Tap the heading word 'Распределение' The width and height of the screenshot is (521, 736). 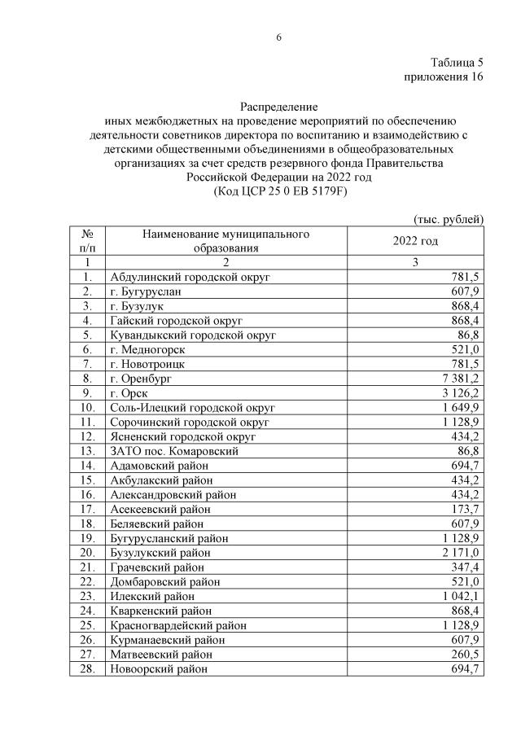pos(278,107)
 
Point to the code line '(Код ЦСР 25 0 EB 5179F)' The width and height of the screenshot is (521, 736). pos(278,191)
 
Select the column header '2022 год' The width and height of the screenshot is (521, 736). pos(415,241)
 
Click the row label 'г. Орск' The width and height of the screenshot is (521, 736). pos(129,393)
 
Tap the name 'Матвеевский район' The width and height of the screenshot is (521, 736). pos(160,655)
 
